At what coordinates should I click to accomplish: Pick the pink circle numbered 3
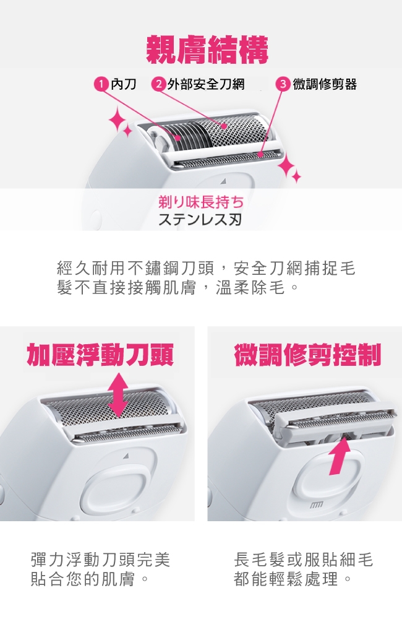[x=283, y=84]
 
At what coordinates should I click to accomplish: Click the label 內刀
[x=124, y=84]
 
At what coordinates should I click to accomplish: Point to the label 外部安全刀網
[x=206, y=84]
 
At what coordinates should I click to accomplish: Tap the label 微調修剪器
[x=325, y=84]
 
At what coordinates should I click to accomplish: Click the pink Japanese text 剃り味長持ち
[x=201, y=202]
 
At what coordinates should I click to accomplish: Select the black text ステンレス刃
[x=200, y=219]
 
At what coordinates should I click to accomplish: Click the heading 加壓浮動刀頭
[x=100, y=355]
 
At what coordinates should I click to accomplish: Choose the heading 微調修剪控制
[x=308, y=355]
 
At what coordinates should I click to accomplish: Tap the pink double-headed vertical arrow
[x=118, y=395]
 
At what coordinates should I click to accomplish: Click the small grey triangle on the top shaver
[x=223, y=181]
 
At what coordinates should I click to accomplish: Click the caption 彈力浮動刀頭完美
[x=101, y=560]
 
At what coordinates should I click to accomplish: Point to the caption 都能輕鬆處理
[x=286, y=579]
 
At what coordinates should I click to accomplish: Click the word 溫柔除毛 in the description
[x=250, y=288]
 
